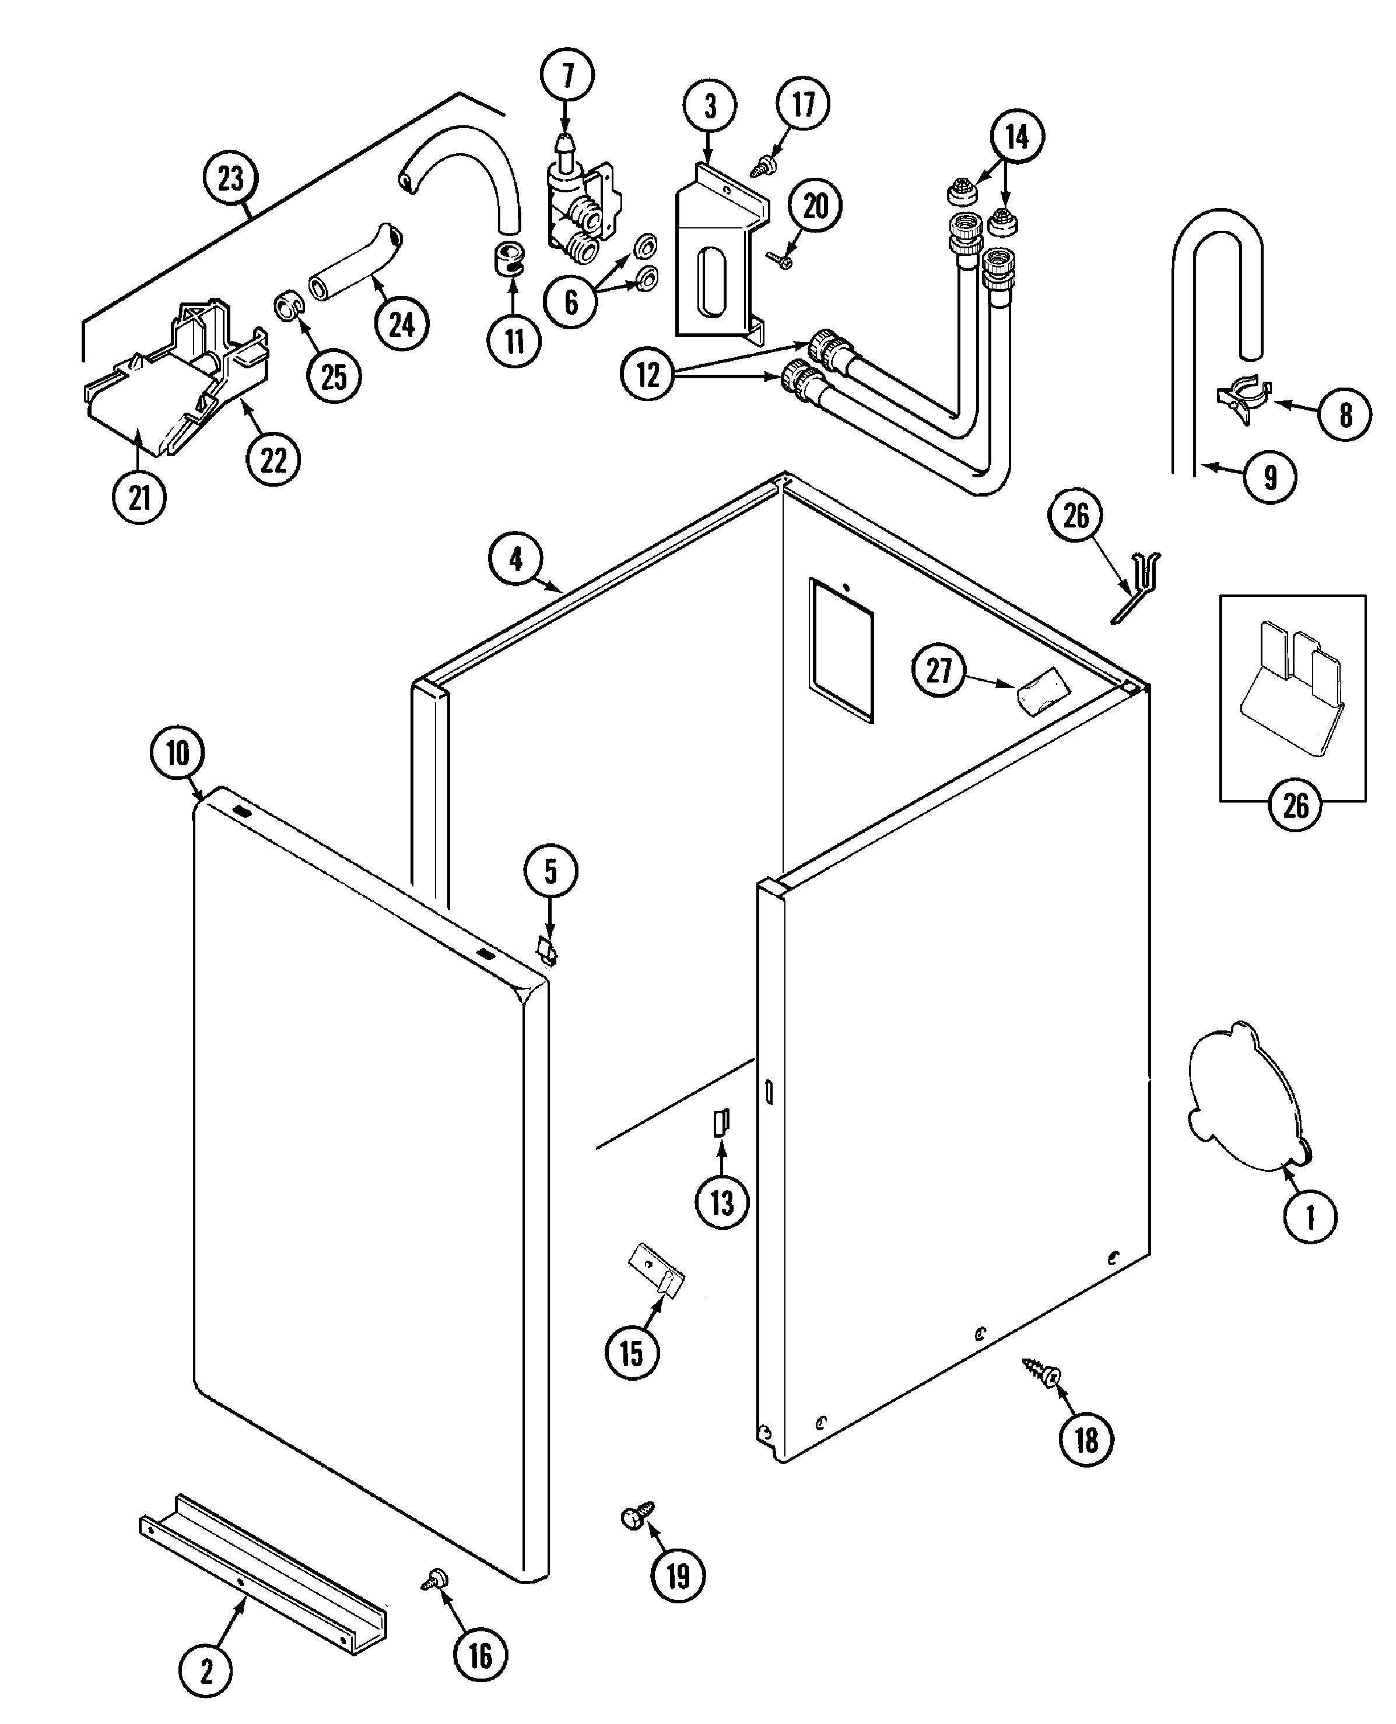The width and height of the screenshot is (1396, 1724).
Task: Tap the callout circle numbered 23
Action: coord(231,178)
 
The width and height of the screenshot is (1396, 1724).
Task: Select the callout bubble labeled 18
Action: coord(1086,1440)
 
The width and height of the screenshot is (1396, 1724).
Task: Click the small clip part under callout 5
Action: coord(548,952)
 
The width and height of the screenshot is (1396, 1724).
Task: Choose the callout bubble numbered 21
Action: coord(139,498)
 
